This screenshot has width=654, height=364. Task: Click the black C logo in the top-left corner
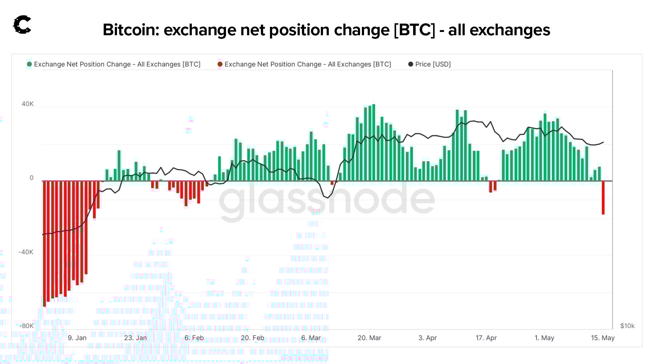[22, 25]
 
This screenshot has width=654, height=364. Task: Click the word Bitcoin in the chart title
[131, 30]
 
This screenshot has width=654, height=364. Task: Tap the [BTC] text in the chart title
[414, 30]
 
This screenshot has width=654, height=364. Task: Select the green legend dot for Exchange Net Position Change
[29, 64]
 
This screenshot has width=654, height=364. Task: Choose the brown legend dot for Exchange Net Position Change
[220, 64]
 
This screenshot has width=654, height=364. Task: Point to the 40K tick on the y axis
[28, 104]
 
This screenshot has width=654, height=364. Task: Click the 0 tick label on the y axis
[31, 178]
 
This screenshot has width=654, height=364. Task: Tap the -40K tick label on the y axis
[26, 252]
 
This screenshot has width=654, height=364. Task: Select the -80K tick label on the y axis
[26, 326]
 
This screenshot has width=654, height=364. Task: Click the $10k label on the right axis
[627, 326]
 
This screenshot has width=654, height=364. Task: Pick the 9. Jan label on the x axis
[77, 338]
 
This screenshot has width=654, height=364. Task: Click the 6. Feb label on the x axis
[194, 338]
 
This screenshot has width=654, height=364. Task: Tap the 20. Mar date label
[369, 338]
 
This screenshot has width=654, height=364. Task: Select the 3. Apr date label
[427, 338]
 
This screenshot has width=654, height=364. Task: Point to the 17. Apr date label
[486, 338]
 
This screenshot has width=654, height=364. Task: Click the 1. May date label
[544, 338]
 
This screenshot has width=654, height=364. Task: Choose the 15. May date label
[603, 338]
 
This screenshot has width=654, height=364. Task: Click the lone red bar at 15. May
[603, 198]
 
